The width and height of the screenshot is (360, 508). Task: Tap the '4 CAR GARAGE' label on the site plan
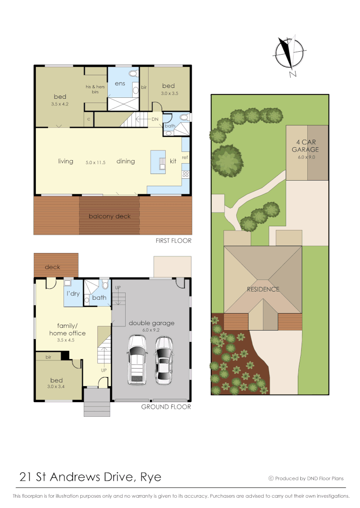[307, 146]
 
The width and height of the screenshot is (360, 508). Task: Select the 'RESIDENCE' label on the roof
[263, 289]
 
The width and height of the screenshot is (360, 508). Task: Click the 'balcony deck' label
[110, 216]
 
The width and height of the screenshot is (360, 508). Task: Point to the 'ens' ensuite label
[119, 84]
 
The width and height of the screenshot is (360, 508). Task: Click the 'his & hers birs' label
[95, 89]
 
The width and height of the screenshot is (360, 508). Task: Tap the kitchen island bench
[158, 162]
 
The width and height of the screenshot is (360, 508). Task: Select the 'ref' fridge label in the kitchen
[185, 157]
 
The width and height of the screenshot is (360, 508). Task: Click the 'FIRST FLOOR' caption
[173, 240]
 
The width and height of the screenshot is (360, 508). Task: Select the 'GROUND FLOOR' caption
[166, 407]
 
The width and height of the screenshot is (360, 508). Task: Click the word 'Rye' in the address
[151, 477]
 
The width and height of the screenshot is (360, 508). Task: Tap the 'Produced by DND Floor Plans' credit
[306, 478]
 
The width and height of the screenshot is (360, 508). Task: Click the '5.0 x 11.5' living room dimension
[95, 162]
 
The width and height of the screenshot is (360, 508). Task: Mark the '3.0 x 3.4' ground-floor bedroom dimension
[56, 387]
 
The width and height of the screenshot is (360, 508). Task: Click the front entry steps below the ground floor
[97, 405]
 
